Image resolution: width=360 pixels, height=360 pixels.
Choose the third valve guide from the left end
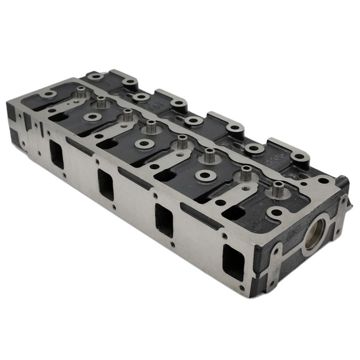pos(127,114)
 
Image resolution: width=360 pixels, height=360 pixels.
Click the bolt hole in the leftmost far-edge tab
pos(97,76)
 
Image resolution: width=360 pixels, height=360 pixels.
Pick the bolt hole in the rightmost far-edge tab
pos(298,156)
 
